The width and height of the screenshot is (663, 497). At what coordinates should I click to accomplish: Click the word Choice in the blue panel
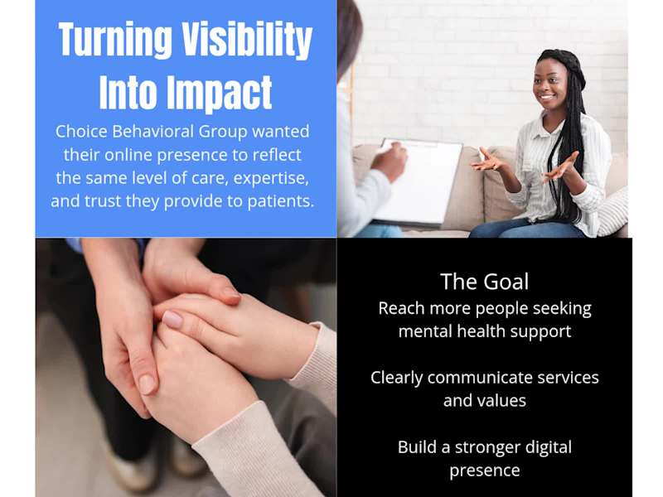coord(81,132)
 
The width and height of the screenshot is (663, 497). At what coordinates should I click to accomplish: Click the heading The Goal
coord(484,282)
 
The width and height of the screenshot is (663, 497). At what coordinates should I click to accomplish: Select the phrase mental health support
coord(484,331)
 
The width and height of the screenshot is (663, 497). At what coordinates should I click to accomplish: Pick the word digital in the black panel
coord(543,447)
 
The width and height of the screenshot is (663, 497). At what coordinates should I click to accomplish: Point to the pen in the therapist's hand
coord(389,147)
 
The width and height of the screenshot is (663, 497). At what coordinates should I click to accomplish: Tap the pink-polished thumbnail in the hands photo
coord(172,319)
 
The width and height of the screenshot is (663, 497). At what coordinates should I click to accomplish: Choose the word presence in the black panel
coord(484,470)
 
